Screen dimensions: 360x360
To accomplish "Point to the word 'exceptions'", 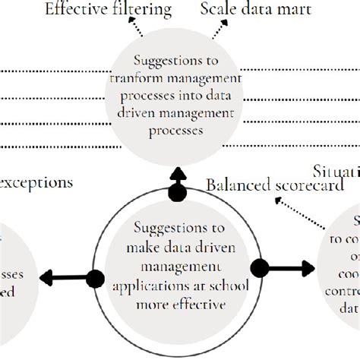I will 37,182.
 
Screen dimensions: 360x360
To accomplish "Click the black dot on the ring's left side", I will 96,279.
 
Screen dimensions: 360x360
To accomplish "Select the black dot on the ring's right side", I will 260,268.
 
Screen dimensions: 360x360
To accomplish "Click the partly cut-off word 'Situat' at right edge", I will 336,170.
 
